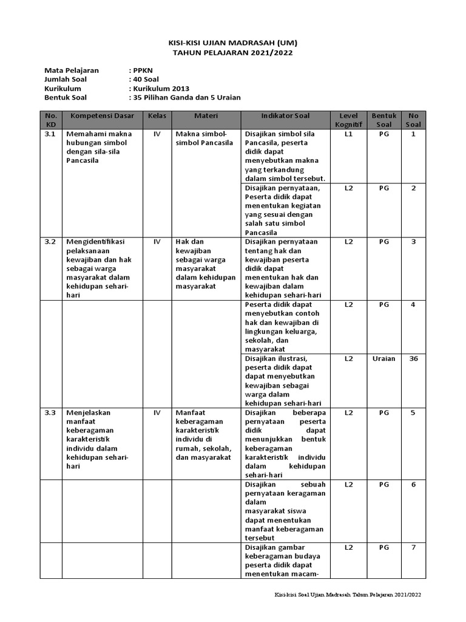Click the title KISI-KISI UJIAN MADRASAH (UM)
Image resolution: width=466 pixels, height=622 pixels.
(233, 43)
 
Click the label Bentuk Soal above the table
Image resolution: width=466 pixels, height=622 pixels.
(66, 97)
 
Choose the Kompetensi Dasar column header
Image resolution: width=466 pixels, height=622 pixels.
(101, 115)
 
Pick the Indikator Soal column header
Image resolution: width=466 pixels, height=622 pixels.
(285, 115)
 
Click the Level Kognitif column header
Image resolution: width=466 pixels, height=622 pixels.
(348, 120)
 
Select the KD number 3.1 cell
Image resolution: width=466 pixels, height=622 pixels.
(50, 134)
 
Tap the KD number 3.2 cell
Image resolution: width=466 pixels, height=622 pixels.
(50, 242)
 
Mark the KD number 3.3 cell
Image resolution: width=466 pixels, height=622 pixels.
(50, 412)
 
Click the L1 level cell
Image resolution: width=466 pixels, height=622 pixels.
(348, 134)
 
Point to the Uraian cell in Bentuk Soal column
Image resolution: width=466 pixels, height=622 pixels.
(383, 358)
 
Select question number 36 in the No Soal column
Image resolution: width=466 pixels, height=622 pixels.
(414, 358)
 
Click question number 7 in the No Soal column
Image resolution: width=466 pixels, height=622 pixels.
(414, 547)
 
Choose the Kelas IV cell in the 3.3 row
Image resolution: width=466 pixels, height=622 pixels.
(157, 412)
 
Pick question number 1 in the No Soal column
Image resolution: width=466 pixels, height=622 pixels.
(414, 134)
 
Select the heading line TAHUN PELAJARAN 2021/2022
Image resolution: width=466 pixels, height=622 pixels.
(233, 53)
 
